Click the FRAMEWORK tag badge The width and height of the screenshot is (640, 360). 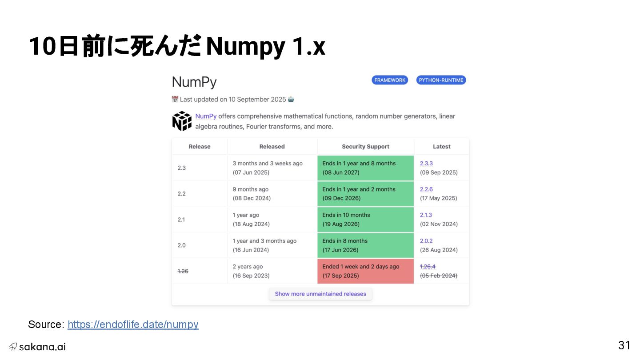390,80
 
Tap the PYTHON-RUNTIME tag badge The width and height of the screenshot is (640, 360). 441,80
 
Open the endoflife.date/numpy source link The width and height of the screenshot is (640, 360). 133,324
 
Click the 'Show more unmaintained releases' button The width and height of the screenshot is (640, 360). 320,294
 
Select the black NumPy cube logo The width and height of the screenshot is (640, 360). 182,121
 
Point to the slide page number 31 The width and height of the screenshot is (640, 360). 624,345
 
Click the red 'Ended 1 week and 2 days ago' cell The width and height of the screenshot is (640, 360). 365,271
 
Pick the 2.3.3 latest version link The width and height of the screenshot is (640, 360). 426,164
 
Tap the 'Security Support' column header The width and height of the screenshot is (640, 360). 365,147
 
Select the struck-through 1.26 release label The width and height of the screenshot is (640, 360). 183,271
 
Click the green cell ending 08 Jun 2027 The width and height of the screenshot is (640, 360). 365,168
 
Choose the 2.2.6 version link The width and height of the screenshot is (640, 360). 426,189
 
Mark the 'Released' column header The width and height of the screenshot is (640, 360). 272,147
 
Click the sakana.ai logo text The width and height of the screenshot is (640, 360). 42,347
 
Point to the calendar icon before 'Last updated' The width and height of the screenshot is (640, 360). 175,99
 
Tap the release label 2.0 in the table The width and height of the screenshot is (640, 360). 181,245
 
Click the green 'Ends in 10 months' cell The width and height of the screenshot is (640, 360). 365,220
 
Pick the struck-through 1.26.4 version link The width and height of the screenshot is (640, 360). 428,267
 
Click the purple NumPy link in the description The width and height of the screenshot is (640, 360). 206,116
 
